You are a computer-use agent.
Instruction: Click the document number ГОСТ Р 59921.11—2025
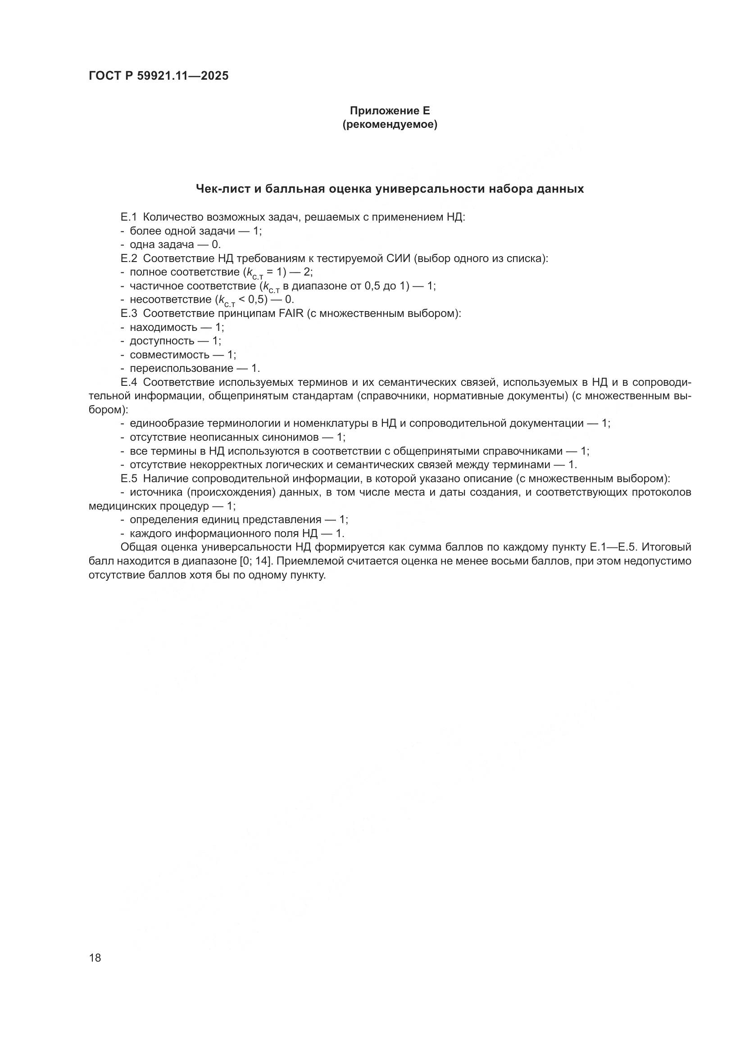(158, 76)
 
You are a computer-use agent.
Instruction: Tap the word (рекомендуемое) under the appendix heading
(390, 124)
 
